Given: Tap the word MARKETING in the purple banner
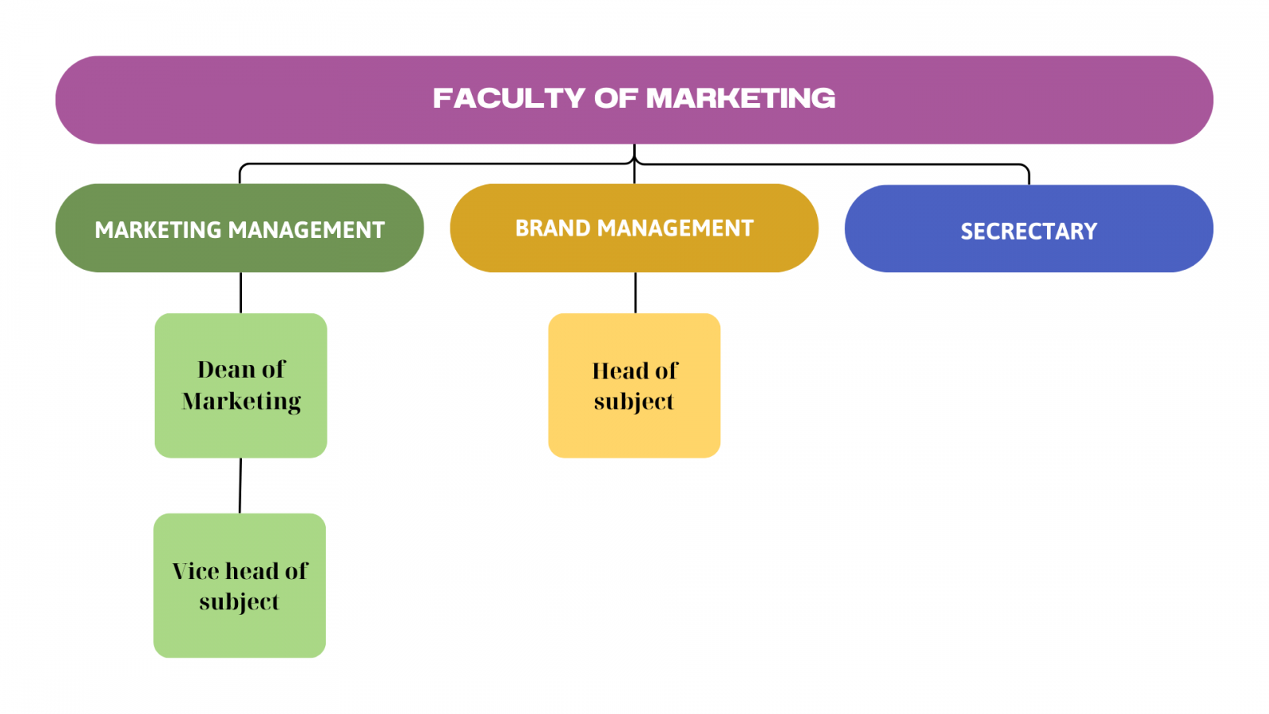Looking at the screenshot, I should click(x=741, y=98).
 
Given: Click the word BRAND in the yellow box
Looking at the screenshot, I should click(x=553, y=228).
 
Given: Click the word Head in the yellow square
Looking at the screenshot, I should click(x=619, y=371).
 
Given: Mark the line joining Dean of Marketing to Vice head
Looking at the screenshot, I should click(x=240, y=486).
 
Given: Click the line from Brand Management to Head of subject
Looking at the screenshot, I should click(x=635, y=293).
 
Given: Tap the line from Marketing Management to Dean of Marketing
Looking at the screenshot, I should click(x=240, y=293).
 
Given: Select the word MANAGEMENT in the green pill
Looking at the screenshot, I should click(x=306, y=230).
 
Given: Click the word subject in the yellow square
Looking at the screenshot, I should click(x=634, y=402).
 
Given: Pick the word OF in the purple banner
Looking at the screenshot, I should click(x=615, y=98).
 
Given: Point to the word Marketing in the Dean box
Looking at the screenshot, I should click(x=241, y=401).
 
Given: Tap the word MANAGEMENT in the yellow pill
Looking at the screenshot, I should click(x=675, y=228).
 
